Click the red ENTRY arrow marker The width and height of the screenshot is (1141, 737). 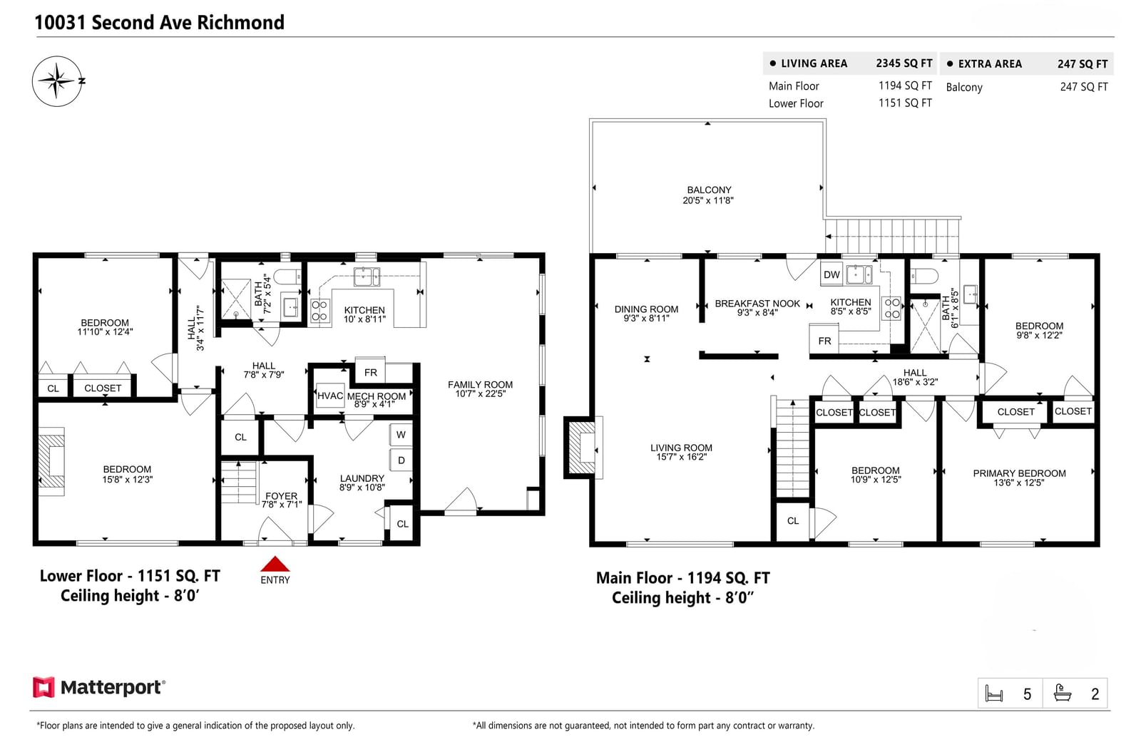pyautogui.click(x=275, y=563)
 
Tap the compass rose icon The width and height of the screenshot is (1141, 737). pyautogui.click(x=58, y=81)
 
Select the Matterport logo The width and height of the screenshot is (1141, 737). pyautogui.click(x=99, y=687)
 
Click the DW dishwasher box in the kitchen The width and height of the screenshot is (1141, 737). pyautogui.click(x=832, y=275)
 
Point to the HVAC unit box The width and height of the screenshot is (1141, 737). pyautogui.click(x=330, y=396)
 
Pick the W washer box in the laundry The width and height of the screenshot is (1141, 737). pyautogui.click(x=401, y=435)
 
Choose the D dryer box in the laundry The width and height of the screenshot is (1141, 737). pyautogui.click(x=401, y=460)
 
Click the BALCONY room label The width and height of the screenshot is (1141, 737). pyautogui.click(x=709, y=190)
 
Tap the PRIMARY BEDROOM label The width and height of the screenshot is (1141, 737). pyautogui.click(x=1019, y=473)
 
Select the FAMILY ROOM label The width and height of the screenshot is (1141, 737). pyautogui.click(x=480, y=385)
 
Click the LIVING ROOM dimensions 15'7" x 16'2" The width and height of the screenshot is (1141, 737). pyautogui.click(x=681, y=457)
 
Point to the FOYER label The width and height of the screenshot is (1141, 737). pyautogui.click(x=281, y=496)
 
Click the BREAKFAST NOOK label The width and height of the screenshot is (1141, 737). pyautogui.click(x=757, y=304)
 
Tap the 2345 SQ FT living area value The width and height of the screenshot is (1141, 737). pyautogui.click(x=904, y=63)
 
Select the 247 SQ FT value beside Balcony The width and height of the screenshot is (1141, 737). pyautogui.click(x=1084, y=87)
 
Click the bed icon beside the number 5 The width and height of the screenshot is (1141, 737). pyautogui.click(x=994, y=694)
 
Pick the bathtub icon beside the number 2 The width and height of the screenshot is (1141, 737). pyautogui.click(x=1062, y=694)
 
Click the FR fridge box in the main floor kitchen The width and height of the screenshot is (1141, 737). pyautogui.click(x=824, y=340)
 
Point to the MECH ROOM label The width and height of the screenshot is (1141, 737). pyautogui.click(x=377, y=396)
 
